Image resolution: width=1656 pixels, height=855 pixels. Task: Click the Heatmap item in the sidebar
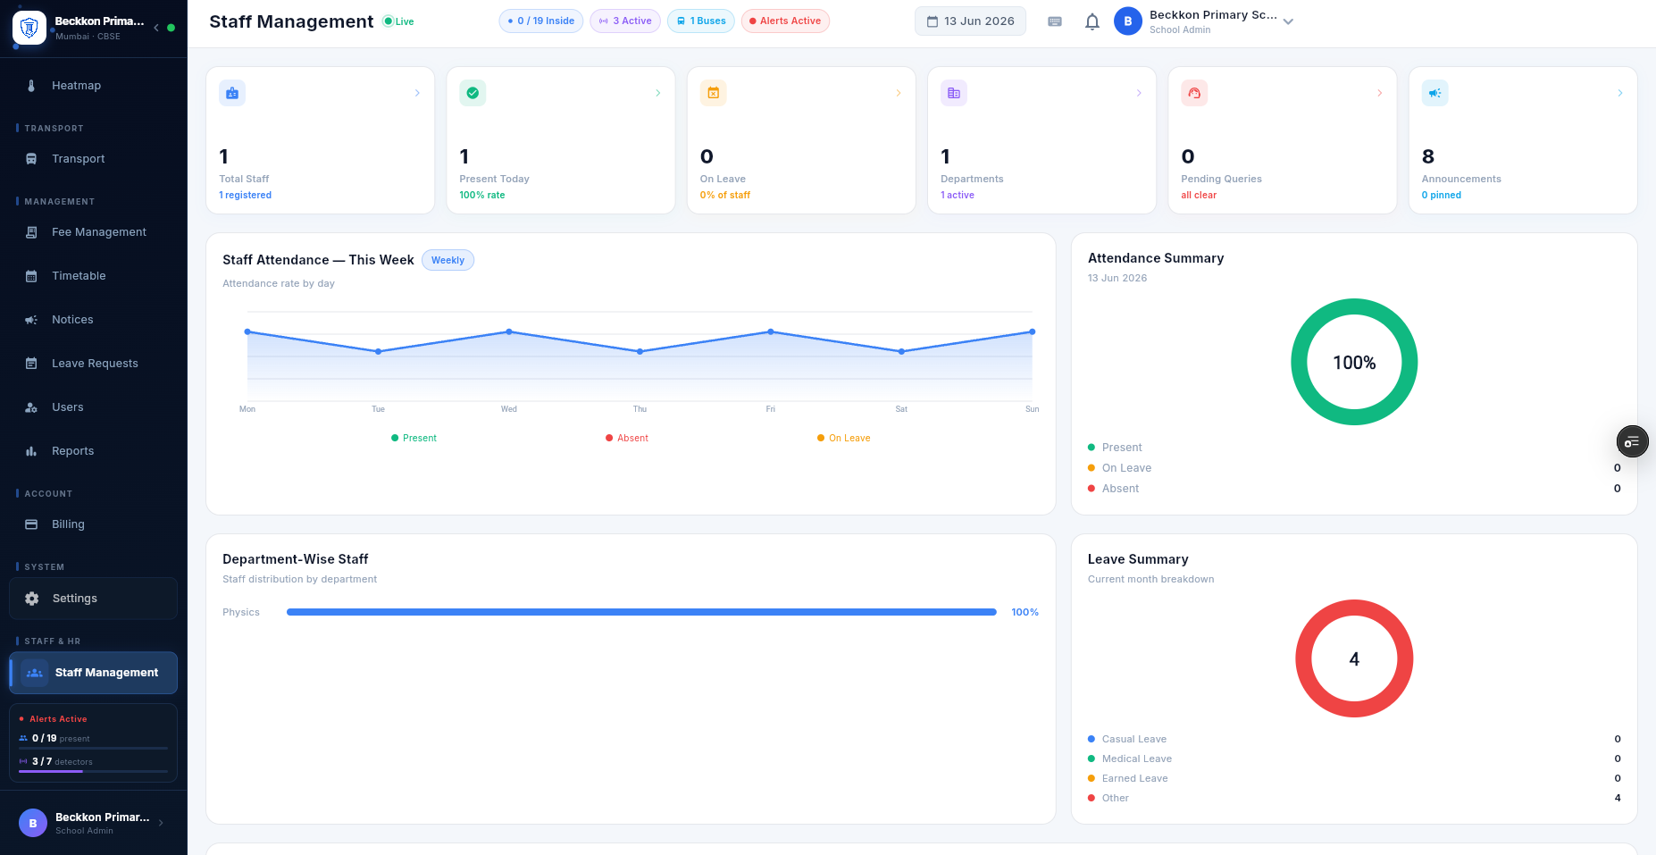(76, 86)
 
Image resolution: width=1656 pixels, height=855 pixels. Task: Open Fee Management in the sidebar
(98, 232)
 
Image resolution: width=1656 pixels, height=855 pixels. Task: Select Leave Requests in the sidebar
(95, 364)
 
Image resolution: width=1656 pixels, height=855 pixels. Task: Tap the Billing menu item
(68, 524)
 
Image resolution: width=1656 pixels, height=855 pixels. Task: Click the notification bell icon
(1091, 21)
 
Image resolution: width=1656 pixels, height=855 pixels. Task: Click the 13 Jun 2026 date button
(970, 21)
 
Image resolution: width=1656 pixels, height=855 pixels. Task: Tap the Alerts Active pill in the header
(785, 21)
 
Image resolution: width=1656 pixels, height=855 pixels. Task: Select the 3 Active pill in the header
(625, 21)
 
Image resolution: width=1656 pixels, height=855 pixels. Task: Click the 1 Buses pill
(701, 21)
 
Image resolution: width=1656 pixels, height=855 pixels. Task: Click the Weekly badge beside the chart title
(447, 260)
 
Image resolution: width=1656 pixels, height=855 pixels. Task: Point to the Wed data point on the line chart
(509, 331)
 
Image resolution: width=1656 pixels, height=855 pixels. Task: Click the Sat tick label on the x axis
(901, 409)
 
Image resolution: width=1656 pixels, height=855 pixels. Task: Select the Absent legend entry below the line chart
(627, 438)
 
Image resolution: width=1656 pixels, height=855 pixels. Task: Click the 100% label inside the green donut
(1354, 363)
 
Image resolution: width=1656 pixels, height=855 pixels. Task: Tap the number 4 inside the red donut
(1354, 659)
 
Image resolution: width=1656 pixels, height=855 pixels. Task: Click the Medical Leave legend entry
(1130, 759)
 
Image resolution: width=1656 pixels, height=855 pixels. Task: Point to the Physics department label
(241, 612)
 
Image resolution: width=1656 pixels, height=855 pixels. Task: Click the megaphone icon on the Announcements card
(1434, 93)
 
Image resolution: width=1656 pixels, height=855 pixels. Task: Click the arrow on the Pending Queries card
(1379, 93)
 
